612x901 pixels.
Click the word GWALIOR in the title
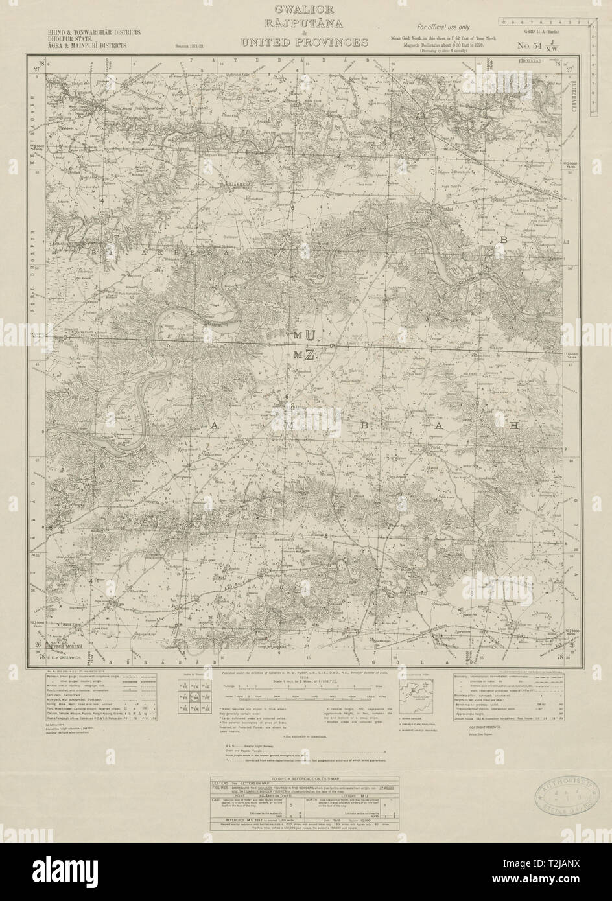pos(305,9)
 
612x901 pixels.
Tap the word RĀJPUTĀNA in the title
pos(305,25)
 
